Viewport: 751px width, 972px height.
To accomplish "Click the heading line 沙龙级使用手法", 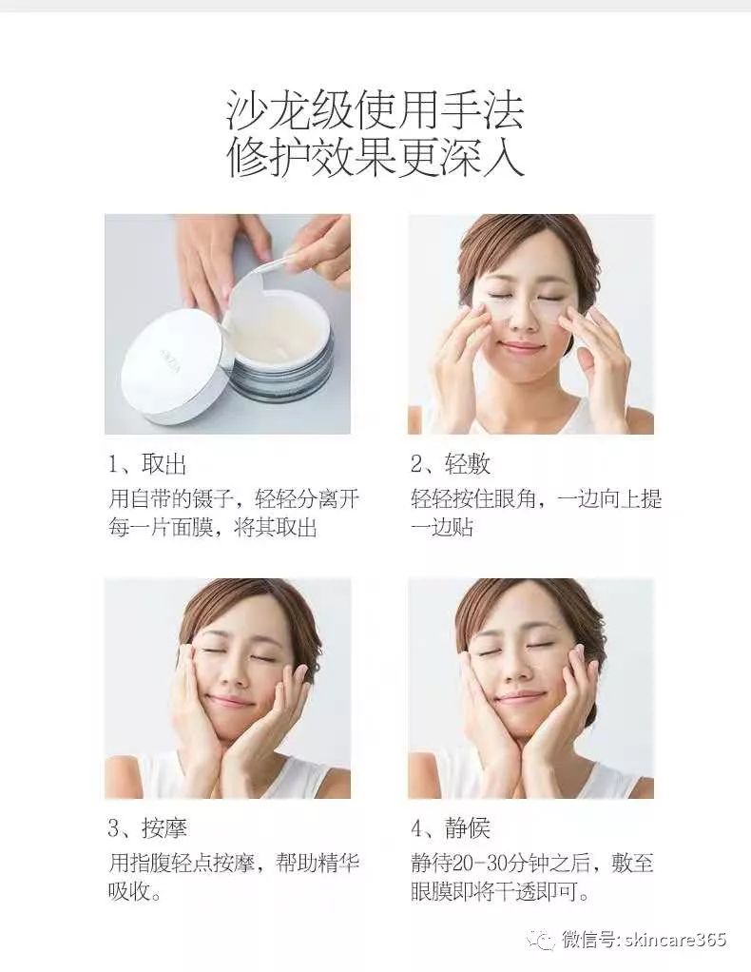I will coord(375,110).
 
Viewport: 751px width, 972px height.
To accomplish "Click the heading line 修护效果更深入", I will coord(375,156).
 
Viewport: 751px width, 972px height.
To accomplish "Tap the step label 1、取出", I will coord(147,465).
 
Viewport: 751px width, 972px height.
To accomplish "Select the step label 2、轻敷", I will coord(451,465).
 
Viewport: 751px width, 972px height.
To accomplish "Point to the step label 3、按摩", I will coord(147,828).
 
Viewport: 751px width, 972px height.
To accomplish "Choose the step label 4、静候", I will coord(451,828).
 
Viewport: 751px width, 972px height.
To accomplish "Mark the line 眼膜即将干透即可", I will coord(500,893).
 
